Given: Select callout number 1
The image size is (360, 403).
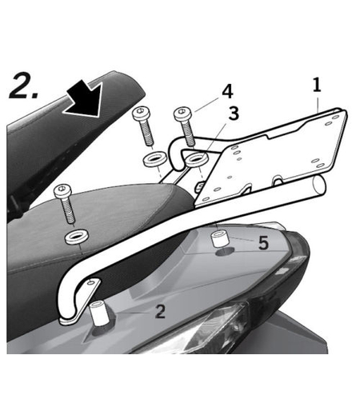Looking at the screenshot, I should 317,83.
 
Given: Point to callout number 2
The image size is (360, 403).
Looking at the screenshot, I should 159,311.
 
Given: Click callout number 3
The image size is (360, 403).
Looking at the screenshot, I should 233,114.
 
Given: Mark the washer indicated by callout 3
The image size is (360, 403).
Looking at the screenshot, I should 194,162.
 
